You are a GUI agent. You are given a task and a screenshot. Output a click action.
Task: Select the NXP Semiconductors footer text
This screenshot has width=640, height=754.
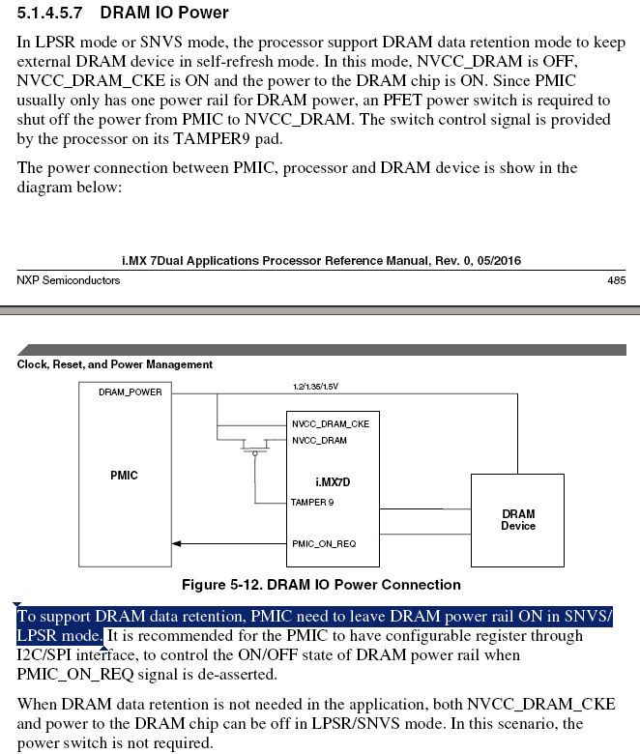pyautogui.click(x=69, y=280)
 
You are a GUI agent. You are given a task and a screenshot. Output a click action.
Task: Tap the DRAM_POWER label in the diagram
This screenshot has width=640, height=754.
pyautogui.click(x=131, y=392)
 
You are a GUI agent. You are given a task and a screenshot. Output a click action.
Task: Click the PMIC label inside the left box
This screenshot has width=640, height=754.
pyautogui.click(x=125, y=475)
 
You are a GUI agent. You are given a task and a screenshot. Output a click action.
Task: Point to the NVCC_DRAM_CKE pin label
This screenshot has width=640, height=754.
pyautogui.click(x=330, y=423)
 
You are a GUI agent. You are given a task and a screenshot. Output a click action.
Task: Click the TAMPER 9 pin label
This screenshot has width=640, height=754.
pyautogui.click(x=312, y=502)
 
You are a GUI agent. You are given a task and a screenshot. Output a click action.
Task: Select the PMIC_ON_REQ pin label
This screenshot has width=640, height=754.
pyautogui.click(x=324, y=543)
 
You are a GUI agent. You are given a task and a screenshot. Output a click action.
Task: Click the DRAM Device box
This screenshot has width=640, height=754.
pyautogui.click(x=517, y=520)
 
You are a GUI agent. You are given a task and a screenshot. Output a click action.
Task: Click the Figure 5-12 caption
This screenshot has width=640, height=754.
pyautogui.click(x=321, y=585)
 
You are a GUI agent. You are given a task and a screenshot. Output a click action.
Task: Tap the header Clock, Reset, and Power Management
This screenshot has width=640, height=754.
pyautogui.click(x=115, y=364)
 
